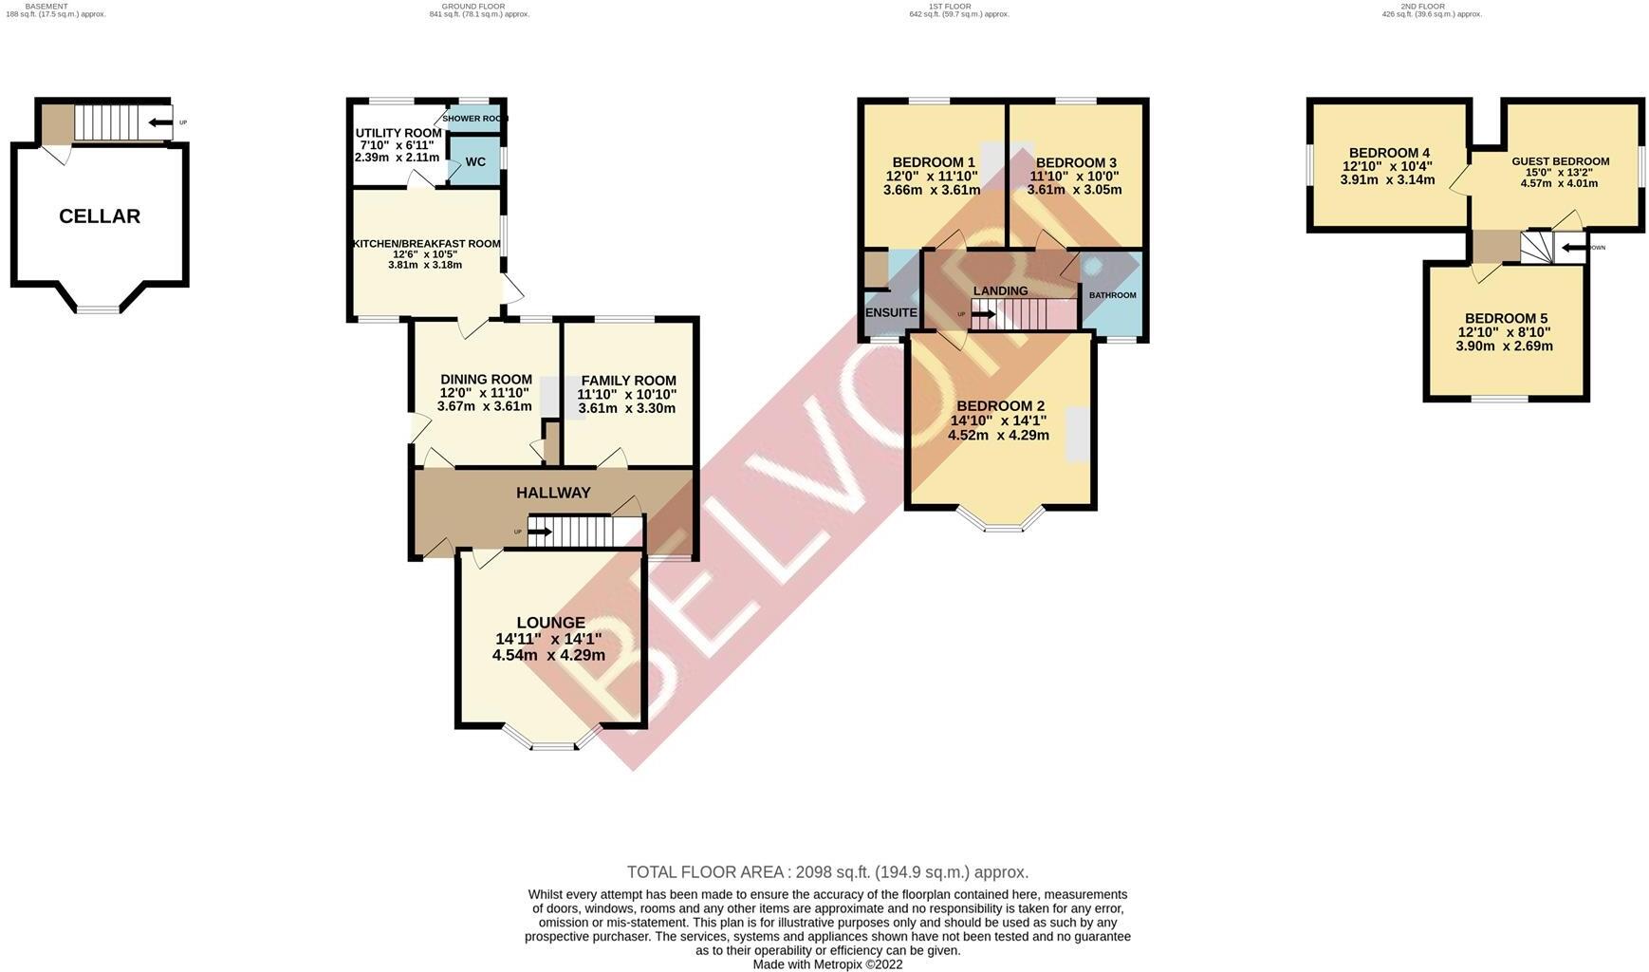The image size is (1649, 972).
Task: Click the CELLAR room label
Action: click(100, 216)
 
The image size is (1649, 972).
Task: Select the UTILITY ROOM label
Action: click(398, 133)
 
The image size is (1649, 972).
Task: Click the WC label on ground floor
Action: click(475, 162)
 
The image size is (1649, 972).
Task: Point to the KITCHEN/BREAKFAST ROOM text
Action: click(426, 244)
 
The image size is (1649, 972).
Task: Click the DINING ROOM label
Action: click(485, 380)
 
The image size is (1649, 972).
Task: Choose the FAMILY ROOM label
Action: click(628, 381)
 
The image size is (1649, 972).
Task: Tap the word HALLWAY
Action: click(553, 493)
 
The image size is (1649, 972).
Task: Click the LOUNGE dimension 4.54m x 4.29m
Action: click(548, 655)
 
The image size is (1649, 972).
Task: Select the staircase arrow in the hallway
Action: click(539, 532)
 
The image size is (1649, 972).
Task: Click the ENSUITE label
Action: click(891, 312)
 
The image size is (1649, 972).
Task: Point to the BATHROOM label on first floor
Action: click(1112, 295)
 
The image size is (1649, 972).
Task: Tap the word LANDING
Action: click(1000, 291)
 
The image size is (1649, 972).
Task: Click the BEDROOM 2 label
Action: click(999, 406)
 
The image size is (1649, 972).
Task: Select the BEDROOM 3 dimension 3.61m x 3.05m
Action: click(1074, 190)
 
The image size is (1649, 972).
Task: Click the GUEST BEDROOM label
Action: click(1560, 161)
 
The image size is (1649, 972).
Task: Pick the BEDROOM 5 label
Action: click(1505, 319)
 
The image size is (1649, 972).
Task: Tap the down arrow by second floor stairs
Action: click(1572, 249)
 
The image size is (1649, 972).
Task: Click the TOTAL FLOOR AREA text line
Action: click(827, 872)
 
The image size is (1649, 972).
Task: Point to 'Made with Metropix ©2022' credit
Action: click(827, 964)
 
